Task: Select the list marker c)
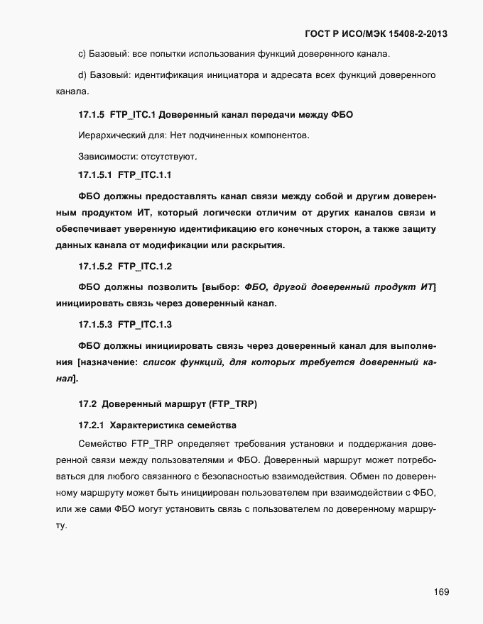click(82, 55)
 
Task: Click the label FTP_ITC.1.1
click(145, 174)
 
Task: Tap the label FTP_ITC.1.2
click(145, 267)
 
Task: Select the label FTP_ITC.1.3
click(145, 325)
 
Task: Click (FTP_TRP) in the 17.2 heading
click(232, 404)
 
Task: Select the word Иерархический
click(110, 135)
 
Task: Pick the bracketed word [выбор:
click(221, 286)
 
